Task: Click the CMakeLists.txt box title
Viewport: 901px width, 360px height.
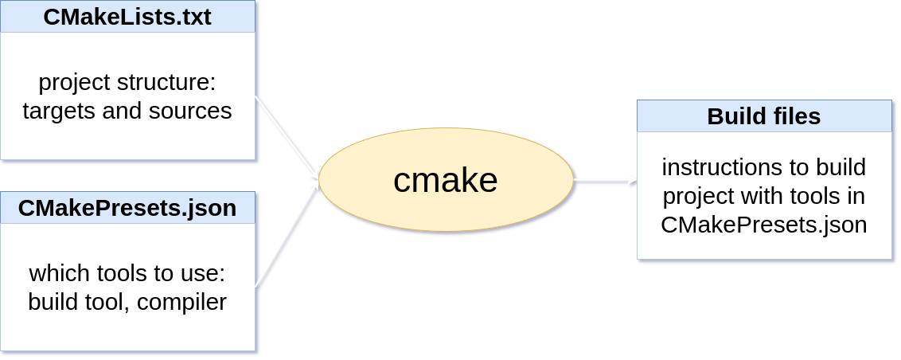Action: pyautogui.click(x=127, y=18)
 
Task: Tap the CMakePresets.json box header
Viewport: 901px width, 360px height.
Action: pyautogui.click(x=127, y=209)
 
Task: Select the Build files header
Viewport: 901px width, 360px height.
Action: pyautogui.click(x=764, y=117)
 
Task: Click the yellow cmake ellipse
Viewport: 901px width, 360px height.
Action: pyautogui.click(x=446, y=181)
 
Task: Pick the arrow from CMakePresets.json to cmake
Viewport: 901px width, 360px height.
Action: pyautogui.click(x=287, y=233)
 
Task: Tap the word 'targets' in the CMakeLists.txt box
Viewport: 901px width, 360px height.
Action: pyautogui.click(x=60, y=111)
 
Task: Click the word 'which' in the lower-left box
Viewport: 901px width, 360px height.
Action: pyautogui.click(x=56, y=274)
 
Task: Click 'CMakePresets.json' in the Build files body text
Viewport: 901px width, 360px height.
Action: pyautogui.click(x=764, y=225)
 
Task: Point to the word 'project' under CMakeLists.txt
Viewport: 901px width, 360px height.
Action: pyautogui.click(x=75, y=83)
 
